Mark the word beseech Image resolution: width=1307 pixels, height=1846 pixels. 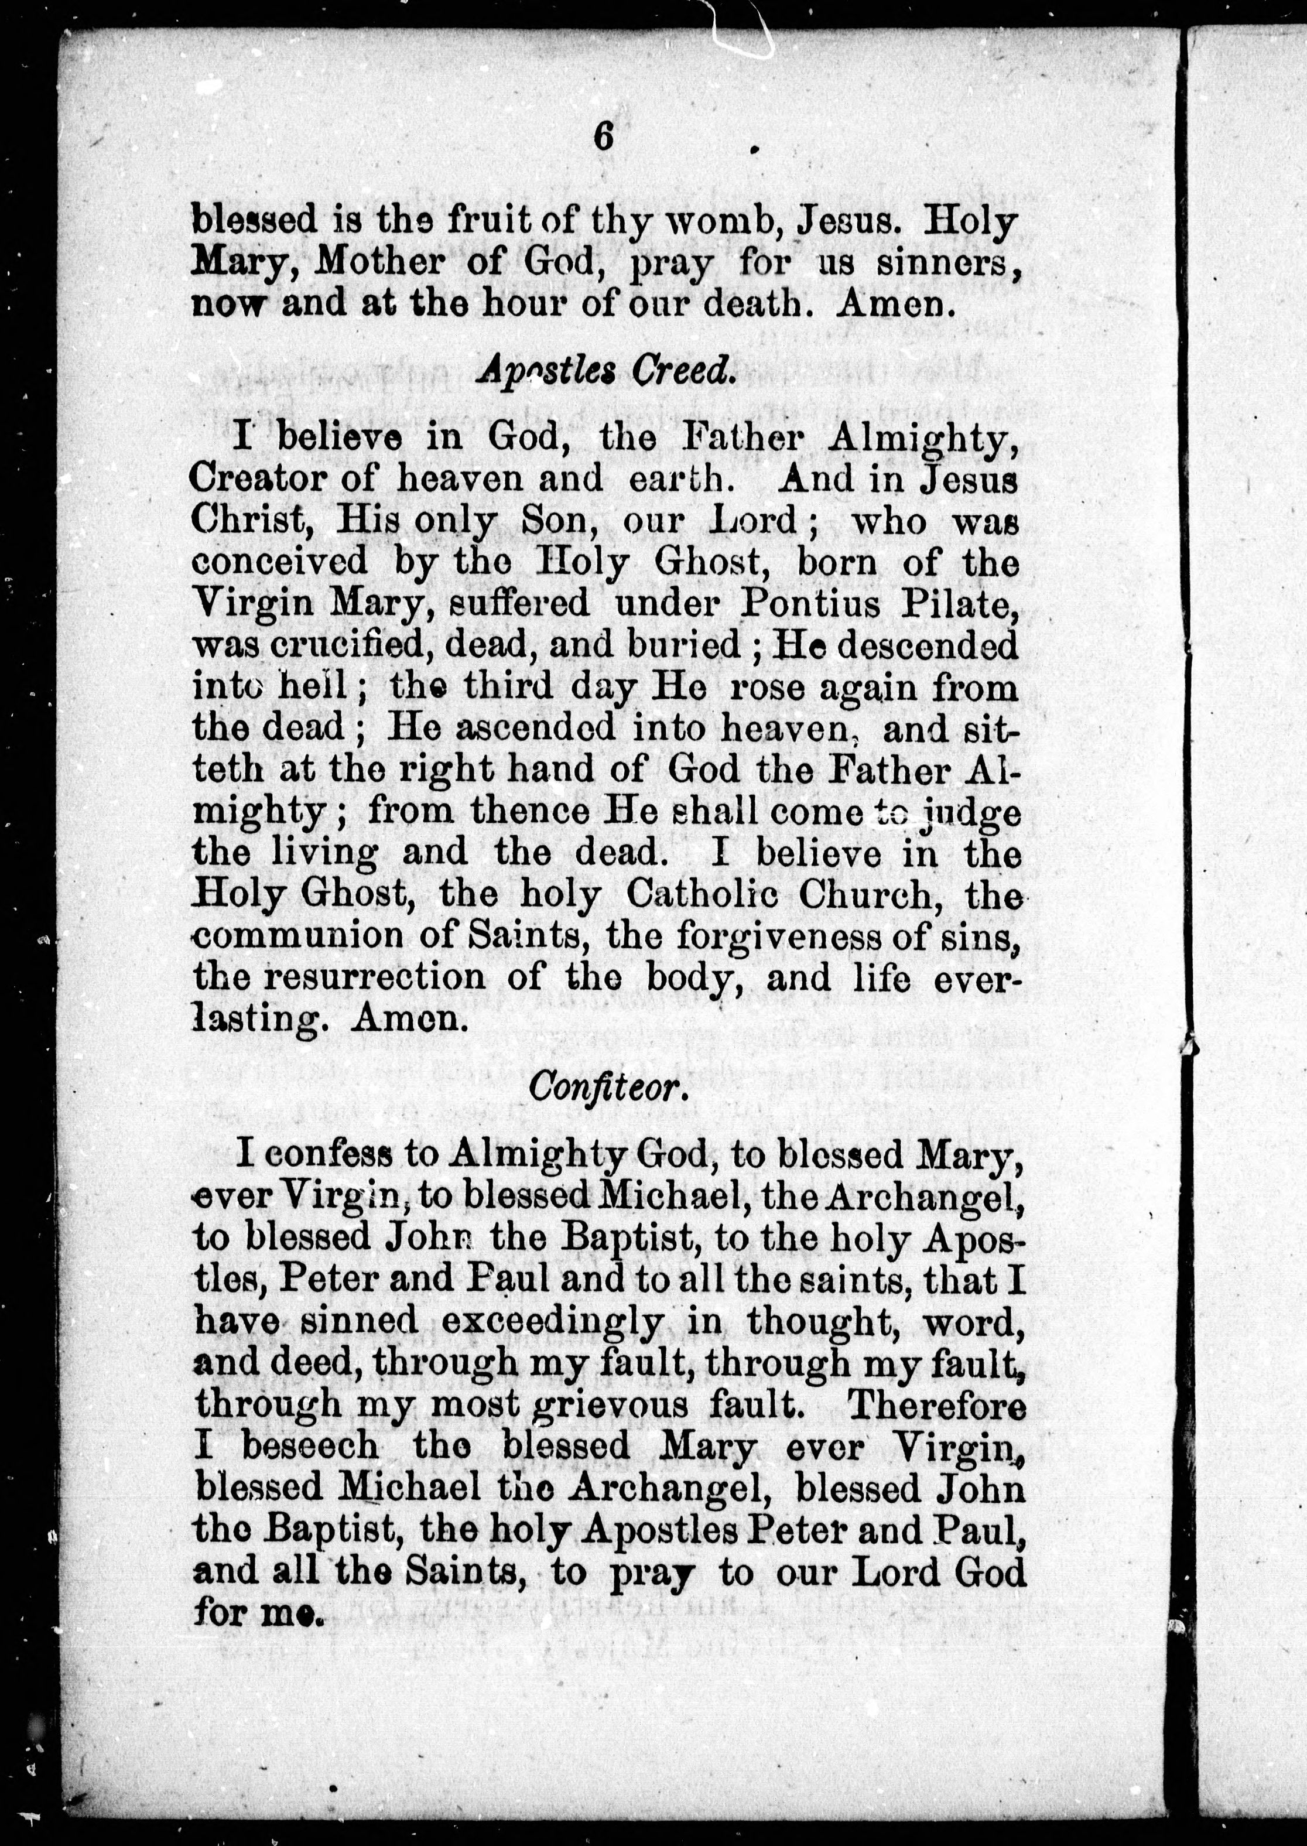(x=309, y=1446)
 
